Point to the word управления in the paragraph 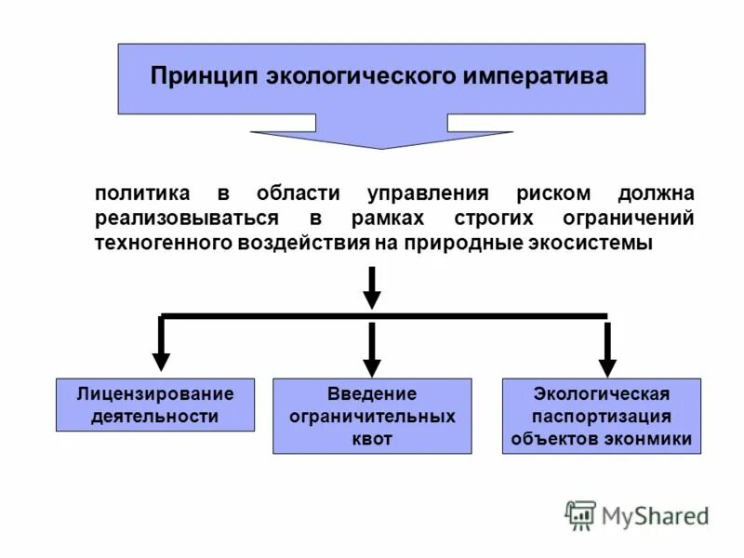[428, 194]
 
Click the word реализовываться [186, 219]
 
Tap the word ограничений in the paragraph [629, 219]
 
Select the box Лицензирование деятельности [155, 405]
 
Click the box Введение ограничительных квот [372, 416]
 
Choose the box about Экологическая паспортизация [602, 416]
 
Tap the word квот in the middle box [372, 439]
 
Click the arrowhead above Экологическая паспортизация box [607, 365]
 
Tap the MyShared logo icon [580, 514]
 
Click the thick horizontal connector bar [384, 316]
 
